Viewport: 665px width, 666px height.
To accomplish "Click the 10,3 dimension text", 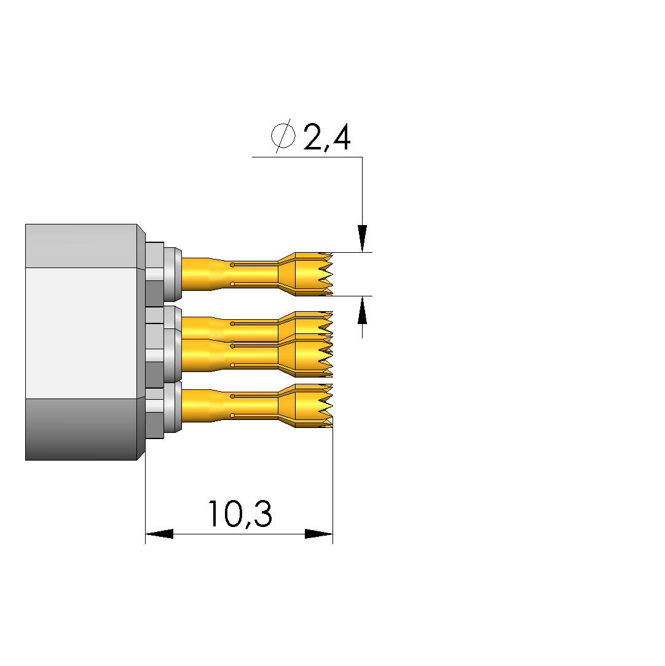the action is click(240, 514).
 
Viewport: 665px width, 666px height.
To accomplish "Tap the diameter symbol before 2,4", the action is click(283, 135).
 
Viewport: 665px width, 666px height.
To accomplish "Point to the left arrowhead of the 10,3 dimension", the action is click(159, 534).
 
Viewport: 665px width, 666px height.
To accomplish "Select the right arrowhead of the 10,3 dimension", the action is click(319, 534).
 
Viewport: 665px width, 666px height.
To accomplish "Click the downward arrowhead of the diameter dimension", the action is click(362, 238).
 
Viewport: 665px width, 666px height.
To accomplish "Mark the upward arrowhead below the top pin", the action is click(362, 310).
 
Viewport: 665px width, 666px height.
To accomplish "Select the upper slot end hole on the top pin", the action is click(232, 265).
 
